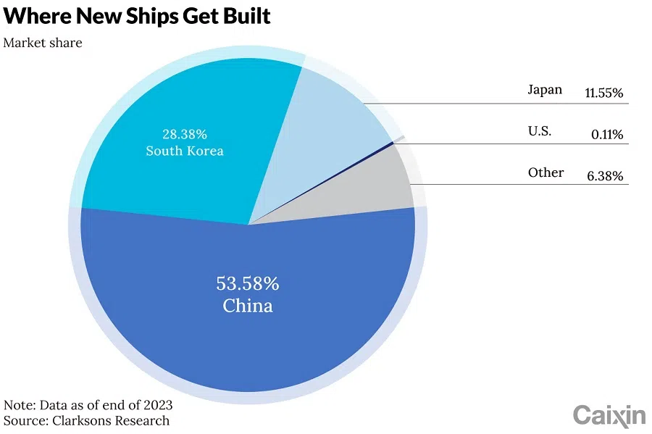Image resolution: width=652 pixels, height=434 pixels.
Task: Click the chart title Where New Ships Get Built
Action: point(137,16)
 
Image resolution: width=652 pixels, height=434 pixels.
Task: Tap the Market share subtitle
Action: point(43,43)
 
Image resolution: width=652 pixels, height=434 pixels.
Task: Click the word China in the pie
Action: point(248,306)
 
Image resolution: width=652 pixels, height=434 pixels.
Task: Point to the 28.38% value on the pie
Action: point(184,134)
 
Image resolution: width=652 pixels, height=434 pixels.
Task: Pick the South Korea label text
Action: point(184,151)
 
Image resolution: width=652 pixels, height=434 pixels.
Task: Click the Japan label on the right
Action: point(544,91)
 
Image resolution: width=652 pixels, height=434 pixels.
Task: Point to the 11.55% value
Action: point(603,93)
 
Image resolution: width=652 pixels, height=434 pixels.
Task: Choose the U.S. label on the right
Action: point(540,132)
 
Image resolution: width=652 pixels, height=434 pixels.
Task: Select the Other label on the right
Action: point(546,173)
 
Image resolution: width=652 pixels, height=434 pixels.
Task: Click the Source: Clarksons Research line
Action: point(87,420)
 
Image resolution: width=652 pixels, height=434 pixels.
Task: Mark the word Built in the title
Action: point(245,16)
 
